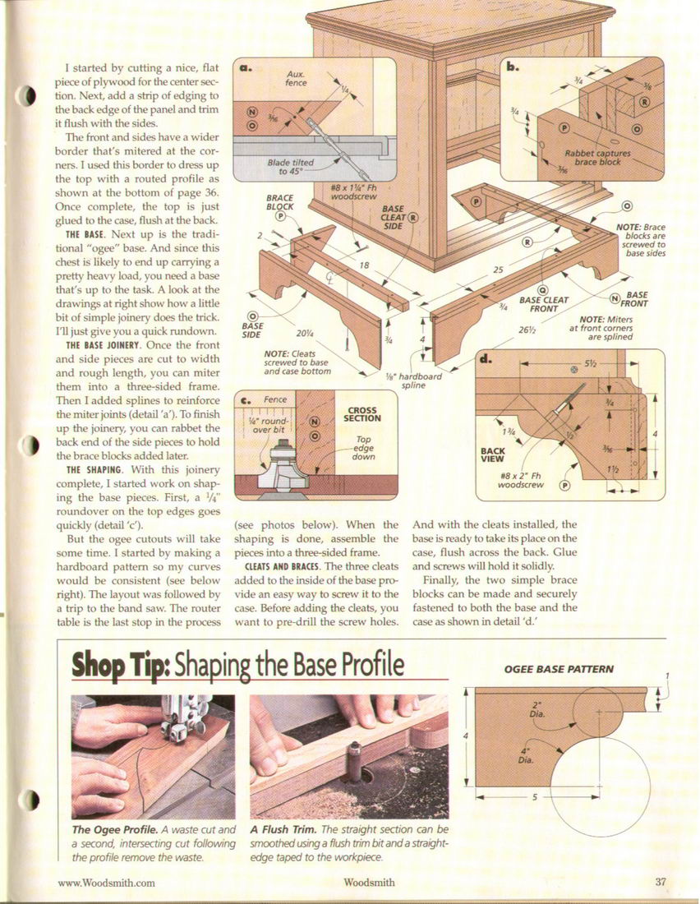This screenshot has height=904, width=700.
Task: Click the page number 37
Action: [x=661, y=882]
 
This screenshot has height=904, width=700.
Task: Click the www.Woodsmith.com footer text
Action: [x=106, y=882]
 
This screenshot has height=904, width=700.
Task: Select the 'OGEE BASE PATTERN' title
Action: [x=559, y=669]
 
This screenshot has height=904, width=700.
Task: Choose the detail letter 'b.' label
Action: [x=513, y=67]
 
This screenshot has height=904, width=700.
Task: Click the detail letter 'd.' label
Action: [x=486, y=359]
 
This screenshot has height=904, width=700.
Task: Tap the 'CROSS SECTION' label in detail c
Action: [x=362, y=414]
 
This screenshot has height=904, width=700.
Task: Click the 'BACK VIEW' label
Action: [x=492, y=455]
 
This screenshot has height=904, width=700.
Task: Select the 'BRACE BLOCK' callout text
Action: [x=279, y=202]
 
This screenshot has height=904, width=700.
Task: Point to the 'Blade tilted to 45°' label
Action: [x=291, y=167]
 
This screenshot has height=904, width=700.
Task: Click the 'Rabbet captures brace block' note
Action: [x=598, y=158]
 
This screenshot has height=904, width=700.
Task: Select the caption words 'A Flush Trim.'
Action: [x=283, y=830]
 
